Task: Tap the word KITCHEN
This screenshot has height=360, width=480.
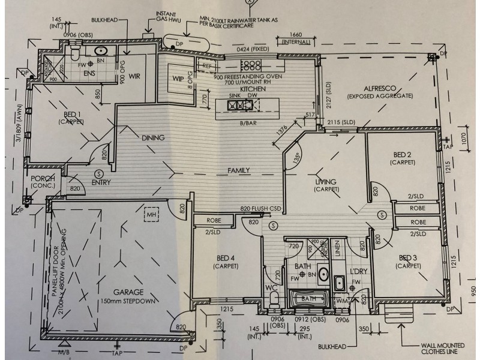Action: coord(253,88)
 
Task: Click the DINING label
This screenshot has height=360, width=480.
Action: coord(153,138)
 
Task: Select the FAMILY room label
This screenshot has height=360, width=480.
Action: coord(238,171)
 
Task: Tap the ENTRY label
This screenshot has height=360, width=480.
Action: coord(101,183)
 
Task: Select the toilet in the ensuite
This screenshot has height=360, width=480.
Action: coord(75,54)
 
